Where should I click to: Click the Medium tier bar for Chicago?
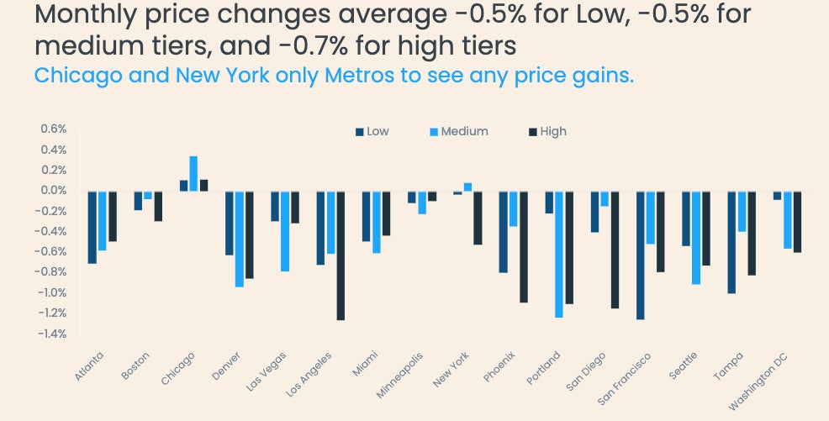click(x=193, y=174)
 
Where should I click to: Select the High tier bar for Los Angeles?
click(x=341, y=255)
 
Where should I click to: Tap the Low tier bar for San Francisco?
click(x=641, y=255)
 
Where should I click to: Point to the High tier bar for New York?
click(x=478, y=218)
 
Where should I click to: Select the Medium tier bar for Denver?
click(x=239, y=239)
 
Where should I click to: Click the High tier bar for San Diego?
click(x=615, y=250)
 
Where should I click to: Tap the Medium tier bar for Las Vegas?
click(x=285, y=231)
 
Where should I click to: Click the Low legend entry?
click(x=372, y=131)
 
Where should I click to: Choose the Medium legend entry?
click(x=458, y=131)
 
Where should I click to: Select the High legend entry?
click(x=547, y=131)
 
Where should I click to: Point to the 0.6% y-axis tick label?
click(x=53, y=129)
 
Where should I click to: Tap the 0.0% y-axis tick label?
click(x=53, y=191)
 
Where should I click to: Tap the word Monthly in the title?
click(x=87, y=15)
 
